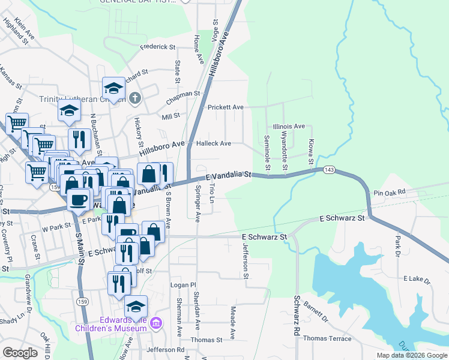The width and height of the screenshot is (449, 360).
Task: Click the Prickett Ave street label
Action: tap(225, 107)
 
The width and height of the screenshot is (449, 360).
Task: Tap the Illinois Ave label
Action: tap(289, 127)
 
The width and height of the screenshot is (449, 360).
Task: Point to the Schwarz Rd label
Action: tap(297, 316)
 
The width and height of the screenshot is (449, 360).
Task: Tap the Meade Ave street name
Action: tap(232, 320)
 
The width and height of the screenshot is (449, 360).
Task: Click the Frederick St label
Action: tap(157, 46)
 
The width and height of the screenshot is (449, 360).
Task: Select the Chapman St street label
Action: tap(184, 94)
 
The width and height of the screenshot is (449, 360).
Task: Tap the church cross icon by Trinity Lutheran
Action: tap(136, 97)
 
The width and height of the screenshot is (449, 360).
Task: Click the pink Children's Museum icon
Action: tap(156, 324)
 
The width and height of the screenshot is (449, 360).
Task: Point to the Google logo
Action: tap(20, 353)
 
